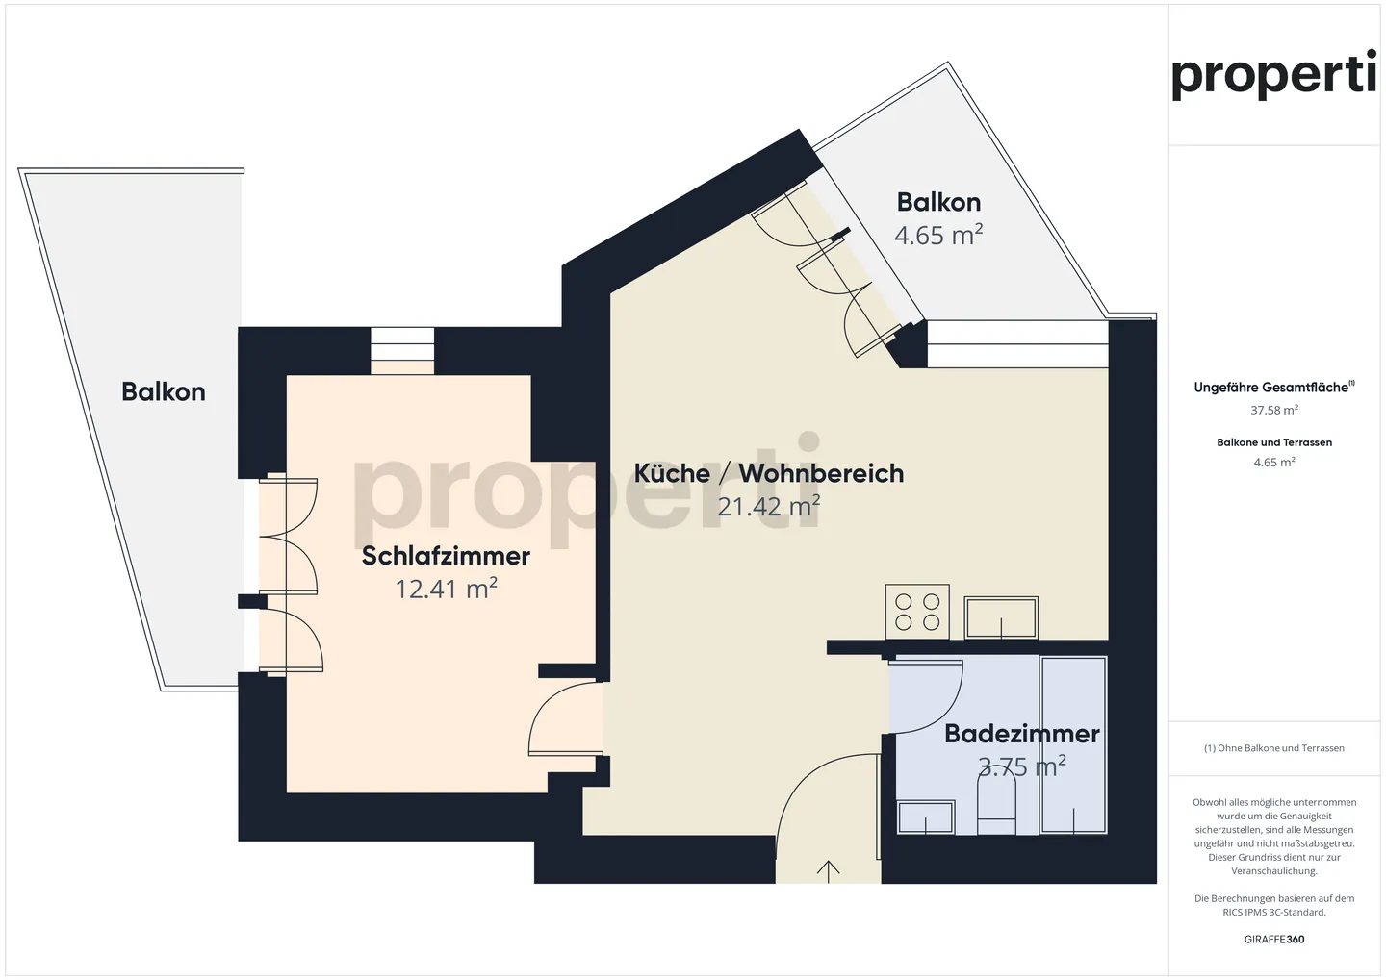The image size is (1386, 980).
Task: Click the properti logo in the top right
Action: coord(1273,75)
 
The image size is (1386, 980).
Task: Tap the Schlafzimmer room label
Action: coord(446,556)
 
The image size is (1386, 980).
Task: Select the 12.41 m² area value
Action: coord(446,589)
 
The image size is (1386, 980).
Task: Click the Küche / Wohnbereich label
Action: coord(768,473)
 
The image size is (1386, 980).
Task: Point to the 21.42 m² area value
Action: coord(768,506)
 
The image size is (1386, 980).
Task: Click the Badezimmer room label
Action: coord(1021,734)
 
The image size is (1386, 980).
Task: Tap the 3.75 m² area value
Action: coord(1021,766)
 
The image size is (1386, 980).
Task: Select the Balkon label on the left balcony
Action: coord(164,391)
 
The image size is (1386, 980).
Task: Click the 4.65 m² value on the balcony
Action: coord(938,235)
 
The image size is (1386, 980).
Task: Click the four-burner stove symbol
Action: coord(917,612)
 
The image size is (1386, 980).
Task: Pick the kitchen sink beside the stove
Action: coord(1001,617)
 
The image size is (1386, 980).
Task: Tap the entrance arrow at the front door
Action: coord(828,870)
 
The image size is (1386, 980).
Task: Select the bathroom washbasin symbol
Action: coord(925,817)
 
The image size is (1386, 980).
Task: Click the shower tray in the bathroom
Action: coord(1073,744)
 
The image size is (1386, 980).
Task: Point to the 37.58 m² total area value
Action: coord(1273,411)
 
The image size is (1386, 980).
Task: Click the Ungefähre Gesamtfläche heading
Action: coord(1272,388)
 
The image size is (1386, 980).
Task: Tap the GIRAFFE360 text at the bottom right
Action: coord(1273,940)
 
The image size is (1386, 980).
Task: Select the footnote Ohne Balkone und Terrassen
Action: coord(1273,748)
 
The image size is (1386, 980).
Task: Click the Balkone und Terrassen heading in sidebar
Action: coord(1273,442)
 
